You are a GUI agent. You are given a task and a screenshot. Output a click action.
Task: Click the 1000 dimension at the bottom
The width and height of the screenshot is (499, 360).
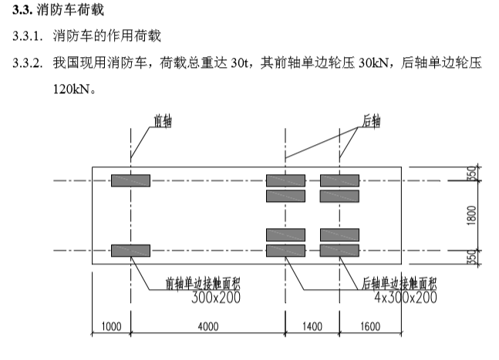click(112, 327)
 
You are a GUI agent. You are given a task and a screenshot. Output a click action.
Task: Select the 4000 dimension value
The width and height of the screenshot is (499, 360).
click(208, 327)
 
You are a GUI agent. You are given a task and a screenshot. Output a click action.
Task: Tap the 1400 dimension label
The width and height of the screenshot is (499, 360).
click(312, 327)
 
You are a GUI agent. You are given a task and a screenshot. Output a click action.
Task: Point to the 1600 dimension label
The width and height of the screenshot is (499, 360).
click(370, 327)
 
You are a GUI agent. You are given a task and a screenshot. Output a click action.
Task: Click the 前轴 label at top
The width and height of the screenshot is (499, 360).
click(163, 120)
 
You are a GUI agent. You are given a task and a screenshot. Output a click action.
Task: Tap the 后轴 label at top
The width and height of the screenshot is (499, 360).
click(371, 120)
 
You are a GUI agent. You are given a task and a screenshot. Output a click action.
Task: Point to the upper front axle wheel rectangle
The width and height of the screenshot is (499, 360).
click(130, 180)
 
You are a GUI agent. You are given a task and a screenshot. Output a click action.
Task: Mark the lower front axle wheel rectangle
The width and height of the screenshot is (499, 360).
click(130, 250)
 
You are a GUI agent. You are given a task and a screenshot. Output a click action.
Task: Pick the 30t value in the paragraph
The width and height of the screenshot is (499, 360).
click(243, 62)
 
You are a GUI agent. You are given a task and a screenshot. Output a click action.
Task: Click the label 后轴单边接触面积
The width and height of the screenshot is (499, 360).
click(400, 283)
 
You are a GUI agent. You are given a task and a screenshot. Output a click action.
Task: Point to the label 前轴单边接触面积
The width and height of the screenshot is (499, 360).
click(202, 283)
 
